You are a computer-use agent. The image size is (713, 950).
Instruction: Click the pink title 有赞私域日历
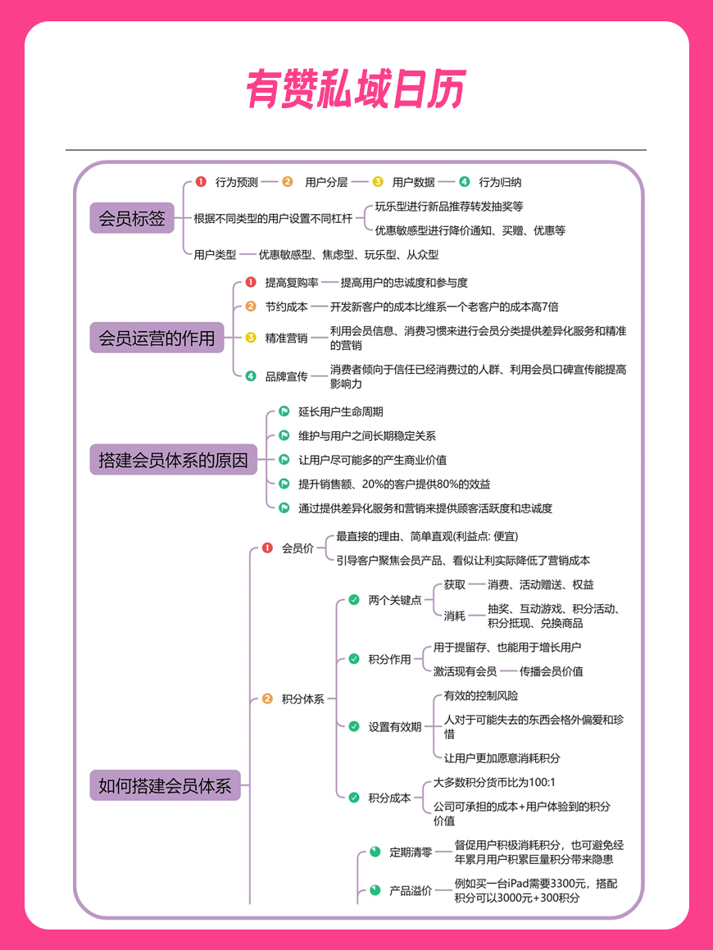point(356,89)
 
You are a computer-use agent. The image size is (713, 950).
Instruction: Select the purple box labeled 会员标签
point(132,218)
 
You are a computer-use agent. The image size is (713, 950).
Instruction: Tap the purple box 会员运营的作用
point(157,338)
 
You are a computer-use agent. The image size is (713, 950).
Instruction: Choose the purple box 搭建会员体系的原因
point(173,460)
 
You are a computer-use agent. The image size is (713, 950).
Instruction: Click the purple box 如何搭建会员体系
point(166,785)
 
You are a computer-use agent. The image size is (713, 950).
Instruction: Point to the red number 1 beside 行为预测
point(201,182)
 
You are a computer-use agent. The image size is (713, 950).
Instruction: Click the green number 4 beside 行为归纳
point(465,182)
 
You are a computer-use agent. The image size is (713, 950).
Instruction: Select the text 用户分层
point(326,182)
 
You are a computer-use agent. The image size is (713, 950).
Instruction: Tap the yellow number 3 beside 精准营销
point(251,338)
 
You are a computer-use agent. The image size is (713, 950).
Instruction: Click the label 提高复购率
point(292,283)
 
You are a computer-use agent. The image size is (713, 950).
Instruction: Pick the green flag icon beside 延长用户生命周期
point(284,411)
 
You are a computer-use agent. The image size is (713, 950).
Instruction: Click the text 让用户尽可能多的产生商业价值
point(373,460)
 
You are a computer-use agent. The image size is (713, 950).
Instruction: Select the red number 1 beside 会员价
point(267,548)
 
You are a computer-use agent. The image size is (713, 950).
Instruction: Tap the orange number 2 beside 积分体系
point(267,698)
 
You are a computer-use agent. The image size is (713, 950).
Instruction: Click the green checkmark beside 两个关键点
point(354,600)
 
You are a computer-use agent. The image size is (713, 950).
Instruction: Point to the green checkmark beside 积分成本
point(354,798)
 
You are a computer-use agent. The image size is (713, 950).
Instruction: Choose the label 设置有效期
point(395,726)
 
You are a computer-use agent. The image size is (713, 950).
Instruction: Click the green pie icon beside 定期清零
point(375,852)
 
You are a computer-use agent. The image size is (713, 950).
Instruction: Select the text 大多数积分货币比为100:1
point(494,782)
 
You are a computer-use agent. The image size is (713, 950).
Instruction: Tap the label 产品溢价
point(411,891)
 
